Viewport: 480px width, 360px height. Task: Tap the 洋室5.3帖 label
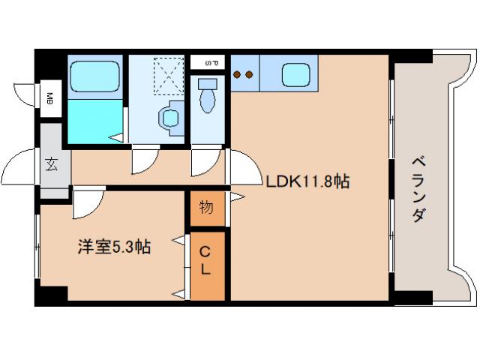(114, 246)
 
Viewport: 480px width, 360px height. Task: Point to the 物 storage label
(206, 207)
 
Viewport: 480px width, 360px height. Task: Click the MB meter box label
(50, 97)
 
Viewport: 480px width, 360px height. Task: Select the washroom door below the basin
(145, 159)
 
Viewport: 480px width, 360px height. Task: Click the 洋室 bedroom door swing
(88, 200)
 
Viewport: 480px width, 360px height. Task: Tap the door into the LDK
(238, 166)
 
